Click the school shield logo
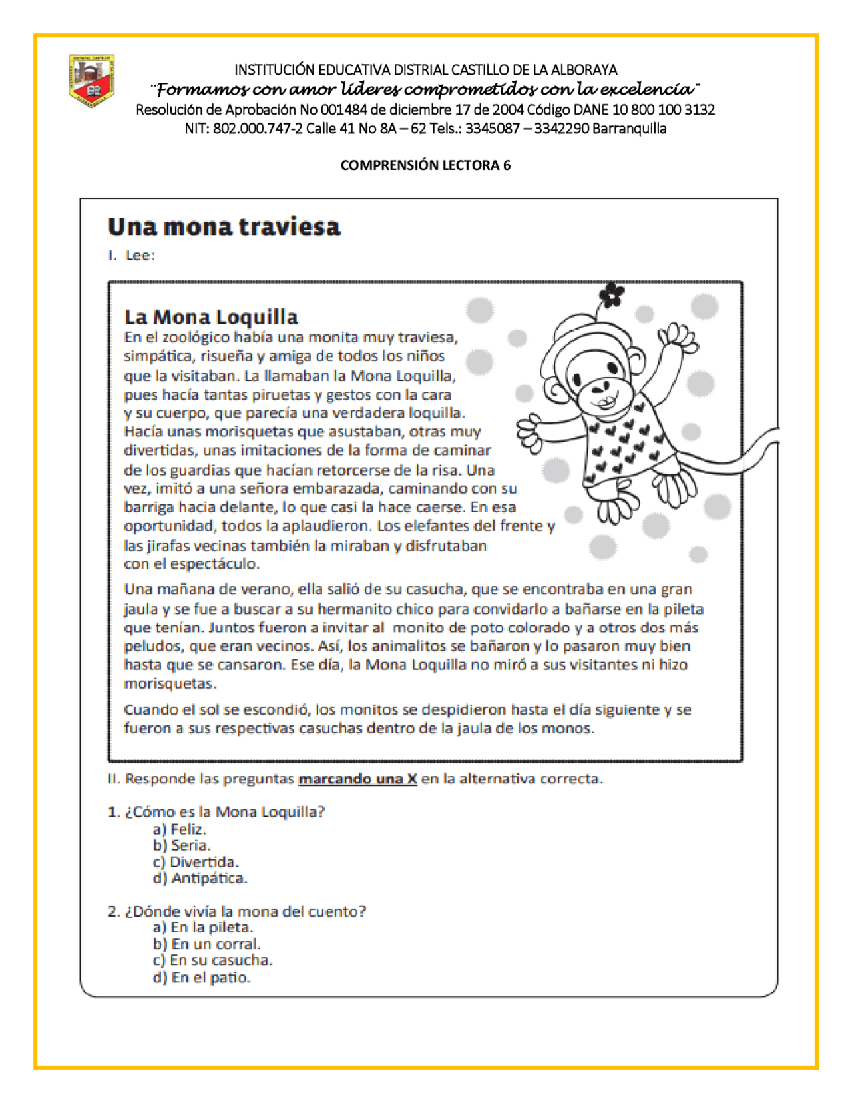pos(92,81)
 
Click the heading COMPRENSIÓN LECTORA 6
pos(425,166)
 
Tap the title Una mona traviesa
pos(224,227)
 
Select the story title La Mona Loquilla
pos(211,316)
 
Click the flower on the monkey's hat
pos(611,293)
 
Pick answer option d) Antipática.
pos(200,878)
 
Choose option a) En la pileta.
pos(203,927)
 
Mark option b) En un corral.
pos(206,944)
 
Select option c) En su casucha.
pos(212,960)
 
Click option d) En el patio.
pos(202,978)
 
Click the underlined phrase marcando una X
pos(357,779)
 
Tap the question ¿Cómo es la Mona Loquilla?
pos(217,812)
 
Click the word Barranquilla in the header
pos(629,129)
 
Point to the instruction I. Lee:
pos(132,256)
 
